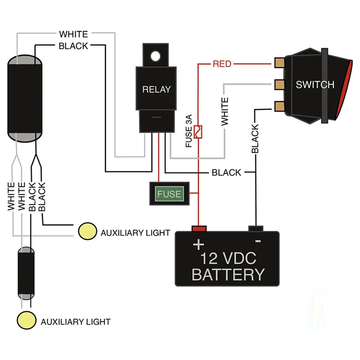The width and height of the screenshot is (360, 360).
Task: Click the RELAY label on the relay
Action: click(x=156, y=89)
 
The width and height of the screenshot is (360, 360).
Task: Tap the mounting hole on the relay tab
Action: click(x=155, y=56)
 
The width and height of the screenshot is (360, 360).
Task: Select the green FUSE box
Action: click(x=169, y=194)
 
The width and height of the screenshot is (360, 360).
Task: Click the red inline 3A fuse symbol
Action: click(x=198, y=132)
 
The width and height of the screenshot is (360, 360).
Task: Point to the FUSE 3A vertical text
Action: click(x=189, y=131)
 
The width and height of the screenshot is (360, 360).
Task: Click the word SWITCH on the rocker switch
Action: click(x=315, y=85)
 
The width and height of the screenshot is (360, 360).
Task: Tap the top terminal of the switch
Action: click(x=279, y=63)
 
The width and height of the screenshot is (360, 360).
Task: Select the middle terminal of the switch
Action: click(x=279, y=85)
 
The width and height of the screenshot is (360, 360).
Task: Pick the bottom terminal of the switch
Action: click(x=279, y=106)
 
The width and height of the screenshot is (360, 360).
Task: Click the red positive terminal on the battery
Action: click(x=199, y=229)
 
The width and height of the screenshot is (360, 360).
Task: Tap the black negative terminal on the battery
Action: click(x=256, y=229)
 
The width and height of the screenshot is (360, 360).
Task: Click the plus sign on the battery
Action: click(x=199, y=245)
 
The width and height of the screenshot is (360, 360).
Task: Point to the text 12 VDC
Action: click(x=228, y=258)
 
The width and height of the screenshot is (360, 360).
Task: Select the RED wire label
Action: click(x=222, y=64)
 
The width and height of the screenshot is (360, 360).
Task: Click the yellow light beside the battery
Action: click(x=87, y=231)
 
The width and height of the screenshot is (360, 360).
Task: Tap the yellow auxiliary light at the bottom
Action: click(x=27, y=320)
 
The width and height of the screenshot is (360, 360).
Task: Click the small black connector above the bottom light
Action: click(x=26, y=273)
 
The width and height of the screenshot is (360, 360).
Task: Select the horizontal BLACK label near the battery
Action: click(x=226, y=172)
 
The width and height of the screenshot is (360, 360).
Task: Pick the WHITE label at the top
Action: click(x=73, y=34)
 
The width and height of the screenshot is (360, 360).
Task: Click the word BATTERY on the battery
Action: click(x=228, y=275)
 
